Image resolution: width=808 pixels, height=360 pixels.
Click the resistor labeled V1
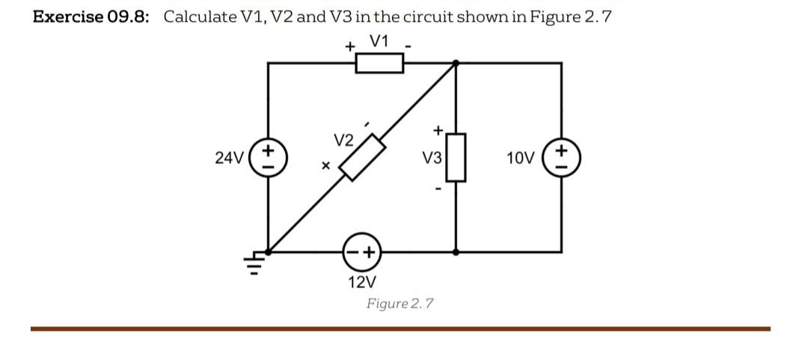(379, 64)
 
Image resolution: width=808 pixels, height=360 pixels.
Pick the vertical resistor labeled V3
(456, 157)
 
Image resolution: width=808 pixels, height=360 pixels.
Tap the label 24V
(229, 158)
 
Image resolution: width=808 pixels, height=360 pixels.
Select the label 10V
(520, 158)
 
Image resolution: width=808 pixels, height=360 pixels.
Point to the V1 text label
(379, 41)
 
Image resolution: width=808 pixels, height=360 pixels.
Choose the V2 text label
(343, 140)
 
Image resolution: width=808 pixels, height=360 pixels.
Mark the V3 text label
(432, 158)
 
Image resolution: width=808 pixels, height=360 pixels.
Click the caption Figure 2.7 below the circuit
(400, 303)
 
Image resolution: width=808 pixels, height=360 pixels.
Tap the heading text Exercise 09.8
(91, 16)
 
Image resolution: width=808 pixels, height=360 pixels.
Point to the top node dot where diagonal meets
(456, 64)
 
